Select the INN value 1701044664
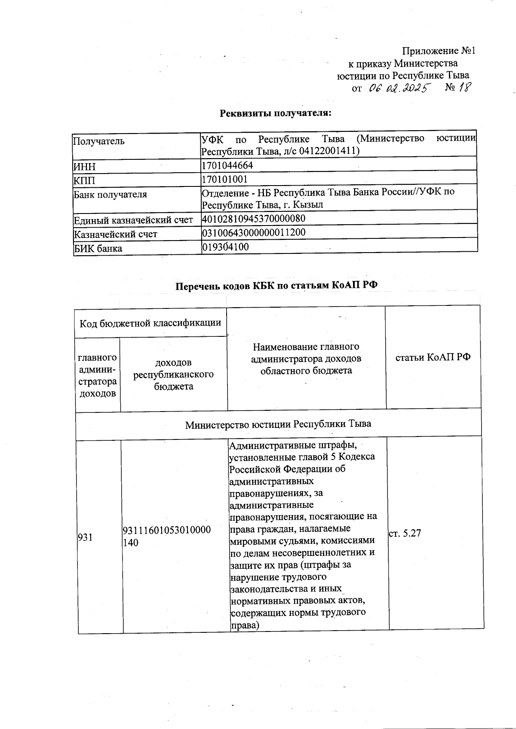(x=227, y=165)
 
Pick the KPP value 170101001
(x=225, y=179)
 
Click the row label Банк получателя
(x=111, y=195)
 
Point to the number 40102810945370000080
(x=254, y=219)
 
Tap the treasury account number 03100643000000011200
(x=254, y=233)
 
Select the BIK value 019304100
(x=225, y=247)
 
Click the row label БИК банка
(x=98, y=249)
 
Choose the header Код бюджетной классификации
(x=150, y=323)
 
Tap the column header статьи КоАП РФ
(x=433, y=357)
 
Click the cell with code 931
(x=85, y=537)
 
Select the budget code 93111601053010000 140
(x=167, y=536)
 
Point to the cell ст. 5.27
(x=405, y=534)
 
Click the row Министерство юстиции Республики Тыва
(x=278, y=424)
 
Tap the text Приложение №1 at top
(x=438, y=51)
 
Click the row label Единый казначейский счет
(x=133, y=220)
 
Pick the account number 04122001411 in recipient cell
(x=331, y=151)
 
